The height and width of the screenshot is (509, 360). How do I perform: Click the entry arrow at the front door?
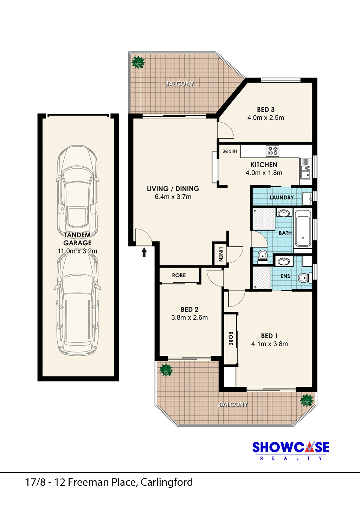tap(144, 252)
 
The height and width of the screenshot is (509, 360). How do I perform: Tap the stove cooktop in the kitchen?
tap(272, 151)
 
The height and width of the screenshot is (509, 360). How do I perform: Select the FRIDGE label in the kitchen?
tap(230, 151)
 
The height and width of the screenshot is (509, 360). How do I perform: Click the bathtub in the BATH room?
tap(303, 228)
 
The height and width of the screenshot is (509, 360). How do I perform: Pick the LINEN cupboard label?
tap(220, 254)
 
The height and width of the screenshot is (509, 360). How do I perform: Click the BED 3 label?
tap(266, 110)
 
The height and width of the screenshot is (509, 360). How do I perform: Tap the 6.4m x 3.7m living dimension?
tap(173, 197)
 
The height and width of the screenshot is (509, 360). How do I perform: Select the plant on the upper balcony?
tap(138, 62)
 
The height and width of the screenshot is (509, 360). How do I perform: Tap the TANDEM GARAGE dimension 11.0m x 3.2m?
tap(77, 251)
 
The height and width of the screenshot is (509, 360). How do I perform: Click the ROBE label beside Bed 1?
tap(231, 339)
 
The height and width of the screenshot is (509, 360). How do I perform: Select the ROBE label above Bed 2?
tap(179, 275)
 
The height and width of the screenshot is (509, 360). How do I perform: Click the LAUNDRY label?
tap(282, 198)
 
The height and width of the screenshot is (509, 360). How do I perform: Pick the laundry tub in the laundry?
tap(307, 199)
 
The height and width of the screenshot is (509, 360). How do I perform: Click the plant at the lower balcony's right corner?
tap(307, 401)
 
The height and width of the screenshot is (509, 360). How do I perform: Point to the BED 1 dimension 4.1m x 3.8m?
tap(270, 344)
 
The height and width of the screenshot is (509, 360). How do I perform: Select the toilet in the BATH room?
tap(263, 257)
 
